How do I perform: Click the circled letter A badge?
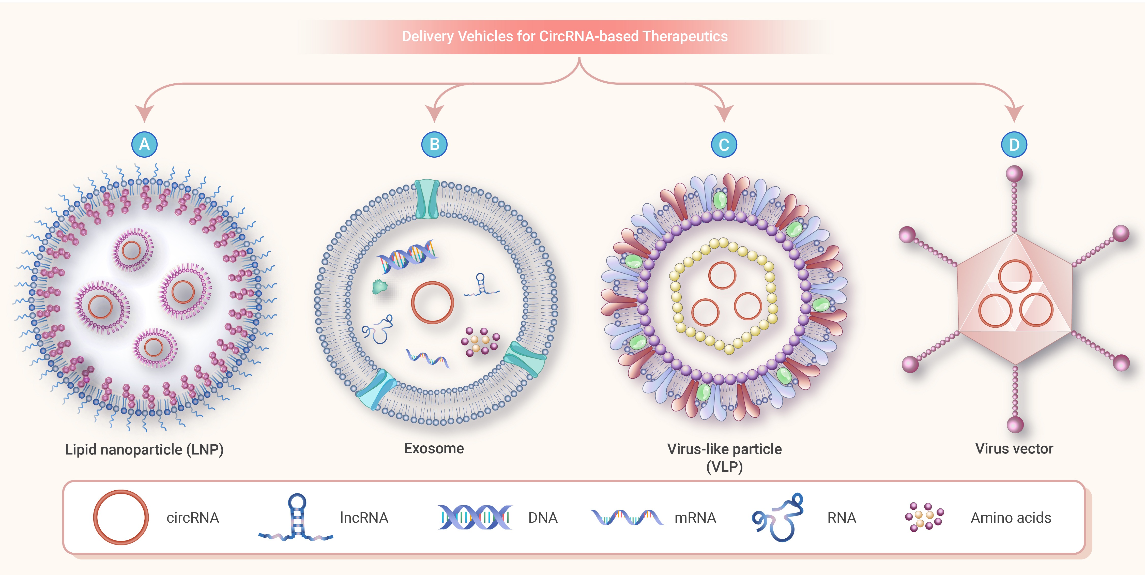pos(144,144)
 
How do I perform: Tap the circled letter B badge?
pos(434,144)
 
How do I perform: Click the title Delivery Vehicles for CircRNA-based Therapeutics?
pos(564,36)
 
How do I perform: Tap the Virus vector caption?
pos(1014,448)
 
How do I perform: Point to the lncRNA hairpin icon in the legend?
pos(296,517)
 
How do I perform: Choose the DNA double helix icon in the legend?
pos(475,517)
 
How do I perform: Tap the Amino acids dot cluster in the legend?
pos(925,517)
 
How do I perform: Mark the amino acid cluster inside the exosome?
pos(480,342)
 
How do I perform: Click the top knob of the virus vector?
pos(1014,173)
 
